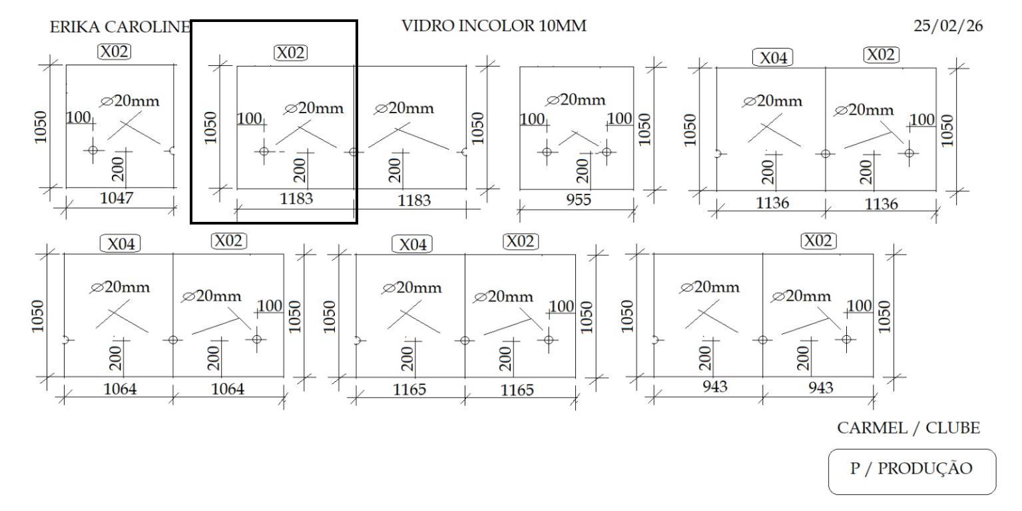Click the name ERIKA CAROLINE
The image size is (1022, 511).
click(120, 27)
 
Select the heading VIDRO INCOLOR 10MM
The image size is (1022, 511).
click(494, 27)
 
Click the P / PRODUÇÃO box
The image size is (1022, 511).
click(911, 469)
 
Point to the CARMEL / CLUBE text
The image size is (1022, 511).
click(909, 428)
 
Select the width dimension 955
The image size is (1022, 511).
click(578, 200)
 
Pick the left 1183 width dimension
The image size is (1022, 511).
click(296, 199)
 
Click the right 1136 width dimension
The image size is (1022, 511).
click(881, 204)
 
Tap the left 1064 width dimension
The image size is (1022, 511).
click(120, 388)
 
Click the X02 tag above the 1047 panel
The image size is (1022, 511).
click(114, 51)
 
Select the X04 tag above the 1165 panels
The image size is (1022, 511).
click(412, 245)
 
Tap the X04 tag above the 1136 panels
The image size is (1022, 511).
click(774, 58)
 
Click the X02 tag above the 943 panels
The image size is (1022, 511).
click(818, 241)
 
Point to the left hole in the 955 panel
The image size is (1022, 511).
click(547, 151)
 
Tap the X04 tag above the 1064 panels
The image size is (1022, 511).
click(121, 244)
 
